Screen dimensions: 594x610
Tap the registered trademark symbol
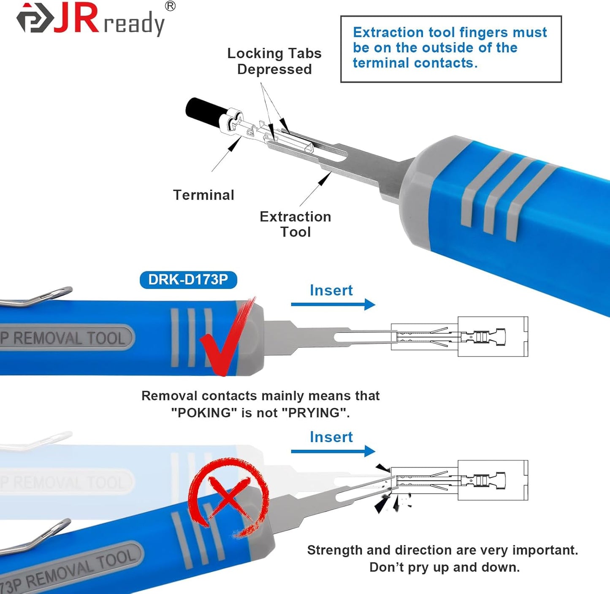click(x=170, y=6)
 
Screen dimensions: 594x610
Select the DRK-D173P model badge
click(x=188, y=280)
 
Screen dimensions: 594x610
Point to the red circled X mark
click(x=228, y=498)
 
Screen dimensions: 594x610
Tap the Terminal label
click(x=203, y=195)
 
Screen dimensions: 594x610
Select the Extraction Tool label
click(x=295, y=224)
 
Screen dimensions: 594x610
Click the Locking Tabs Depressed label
click(x=274, y=61)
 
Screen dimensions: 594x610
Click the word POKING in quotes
click(x=204, y=413)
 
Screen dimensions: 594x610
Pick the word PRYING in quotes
click(x=318, y=413)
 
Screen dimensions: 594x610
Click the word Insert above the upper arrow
click(x=331, y=290)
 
